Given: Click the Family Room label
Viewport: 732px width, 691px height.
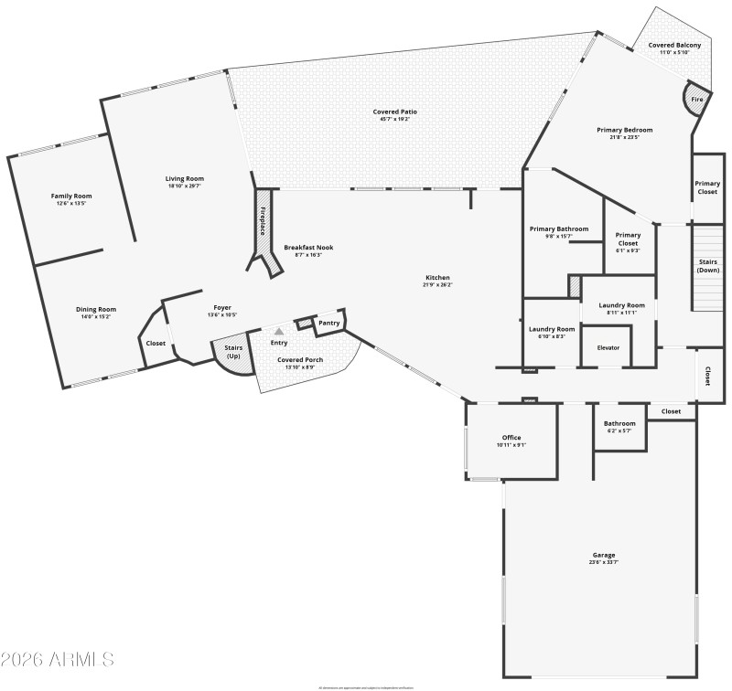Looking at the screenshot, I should (x=70, y=196).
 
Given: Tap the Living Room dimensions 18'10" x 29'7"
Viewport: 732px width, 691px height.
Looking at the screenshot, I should (x=185, y=186).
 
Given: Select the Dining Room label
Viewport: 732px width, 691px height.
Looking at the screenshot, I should (x=96, y=309).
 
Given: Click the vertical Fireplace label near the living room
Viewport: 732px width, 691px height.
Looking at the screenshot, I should (x=263, y=221).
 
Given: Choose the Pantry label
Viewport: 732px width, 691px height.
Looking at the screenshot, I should (x=329, y=323).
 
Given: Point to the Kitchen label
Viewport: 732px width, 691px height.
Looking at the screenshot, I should (x=437, y=278).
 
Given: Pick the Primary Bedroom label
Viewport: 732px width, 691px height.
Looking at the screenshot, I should (x=625, y=130).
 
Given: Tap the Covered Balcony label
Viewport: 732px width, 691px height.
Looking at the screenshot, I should (x=674, y=45).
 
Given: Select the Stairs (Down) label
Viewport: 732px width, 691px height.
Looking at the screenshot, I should (x=708, y=266).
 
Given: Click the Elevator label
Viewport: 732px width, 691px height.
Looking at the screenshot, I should (x=608, y=347).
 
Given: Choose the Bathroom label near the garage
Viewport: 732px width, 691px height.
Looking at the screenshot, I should (x=619, y=423).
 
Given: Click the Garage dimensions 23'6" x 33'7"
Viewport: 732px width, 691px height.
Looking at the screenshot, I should (x=603, y=562).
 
